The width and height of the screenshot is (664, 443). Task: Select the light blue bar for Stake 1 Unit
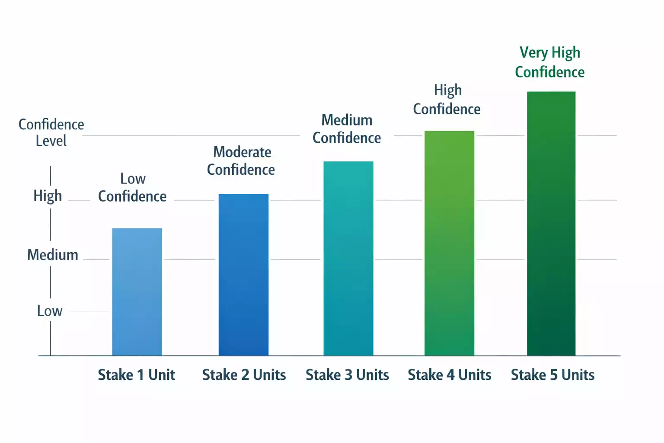(x=137, y=292)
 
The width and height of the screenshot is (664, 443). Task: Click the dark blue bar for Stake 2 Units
(x=243, y=275)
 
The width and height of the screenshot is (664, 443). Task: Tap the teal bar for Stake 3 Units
(x=348, y=259)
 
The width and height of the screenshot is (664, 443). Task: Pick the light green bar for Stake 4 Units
(x=449, y=243)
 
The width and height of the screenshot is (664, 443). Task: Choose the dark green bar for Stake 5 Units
(x=551, y=224)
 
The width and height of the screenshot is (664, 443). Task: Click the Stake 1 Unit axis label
(x=136, y=375)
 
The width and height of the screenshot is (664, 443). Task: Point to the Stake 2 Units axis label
(x=244, y=375)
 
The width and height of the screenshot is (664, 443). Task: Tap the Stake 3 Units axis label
(x=347, y=375)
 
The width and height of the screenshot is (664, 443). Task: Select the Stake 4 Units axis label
(x=450, y=375)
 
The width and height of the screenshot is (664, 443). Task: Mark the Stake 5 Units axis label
(x=552, y=375)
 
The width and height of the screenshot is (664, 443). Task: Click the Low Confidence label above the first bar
(x=132, y=187)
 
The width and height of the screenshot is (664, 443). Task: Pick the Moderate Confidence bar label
(x=241, y=161)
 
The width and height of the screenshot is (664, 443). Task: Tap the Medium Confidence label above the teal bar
(x=347, y=129)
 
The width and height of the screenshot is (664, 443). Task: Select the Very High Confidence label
(x=550, y=62)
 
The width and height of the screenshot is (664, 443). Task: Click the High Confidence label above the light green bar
(x=447, y=100)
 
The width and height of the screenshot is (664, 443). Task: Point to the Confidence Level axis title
(x=51, y=132)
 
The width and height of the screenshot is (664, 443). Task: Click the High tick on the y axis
(x=48, y=196)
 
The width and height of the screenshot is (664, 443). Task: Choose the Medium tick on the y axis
(x=53, y=255)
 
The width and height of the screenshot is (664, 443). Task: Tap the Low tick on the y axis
(x=50, y=311)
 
